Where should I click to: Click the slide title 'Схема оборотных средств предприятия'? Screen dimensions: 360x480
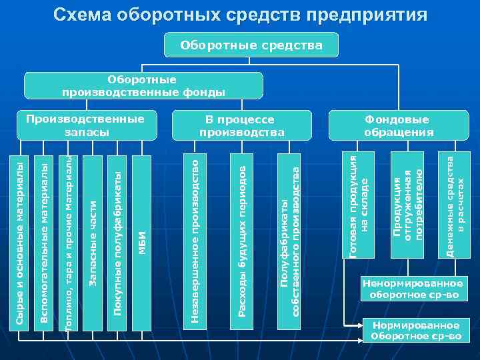tap(240, 15)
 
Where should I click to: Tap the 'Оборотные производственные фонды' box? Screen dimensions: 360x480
tap(143, 86)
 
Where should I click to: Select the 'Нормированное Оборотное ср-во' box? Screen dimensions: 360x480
tap(416, 331)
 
